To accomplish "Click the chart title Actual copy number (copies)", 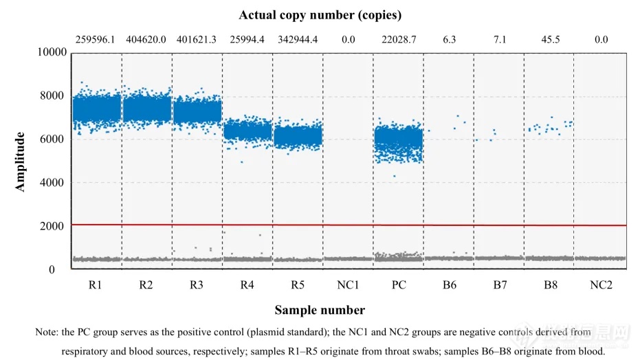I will pos(320,14).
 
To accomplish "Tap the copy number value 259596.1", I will pos(96,40).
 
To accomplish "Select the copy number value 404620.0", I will pos(146,40).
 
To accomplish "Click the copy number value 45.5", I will pos(550,40).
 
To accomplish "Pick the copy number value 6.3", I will pos(449,40).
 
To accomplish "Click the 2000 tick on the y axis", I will pos(54,226).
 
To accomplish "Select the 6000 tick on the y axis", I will pos(54,139).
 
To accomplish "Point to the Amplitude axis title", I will pos(21,162).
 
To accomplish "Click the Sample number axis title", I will pos(320,310).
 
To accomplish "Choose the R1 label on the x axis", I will pos(96,285).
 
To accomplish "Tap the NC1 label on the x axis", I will pos(348,285).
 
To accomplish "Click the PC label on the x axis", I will pos(399,285).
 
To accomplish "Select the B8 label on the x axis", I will pos(550,285).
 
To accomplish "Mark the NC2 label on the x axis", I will pos(601,285).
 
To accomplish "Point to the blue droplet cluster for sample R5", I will pos(298,136).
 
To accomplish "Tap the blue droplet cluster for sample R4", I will pos(247,131).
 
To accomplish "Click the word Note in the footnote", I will pos(46,332).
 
